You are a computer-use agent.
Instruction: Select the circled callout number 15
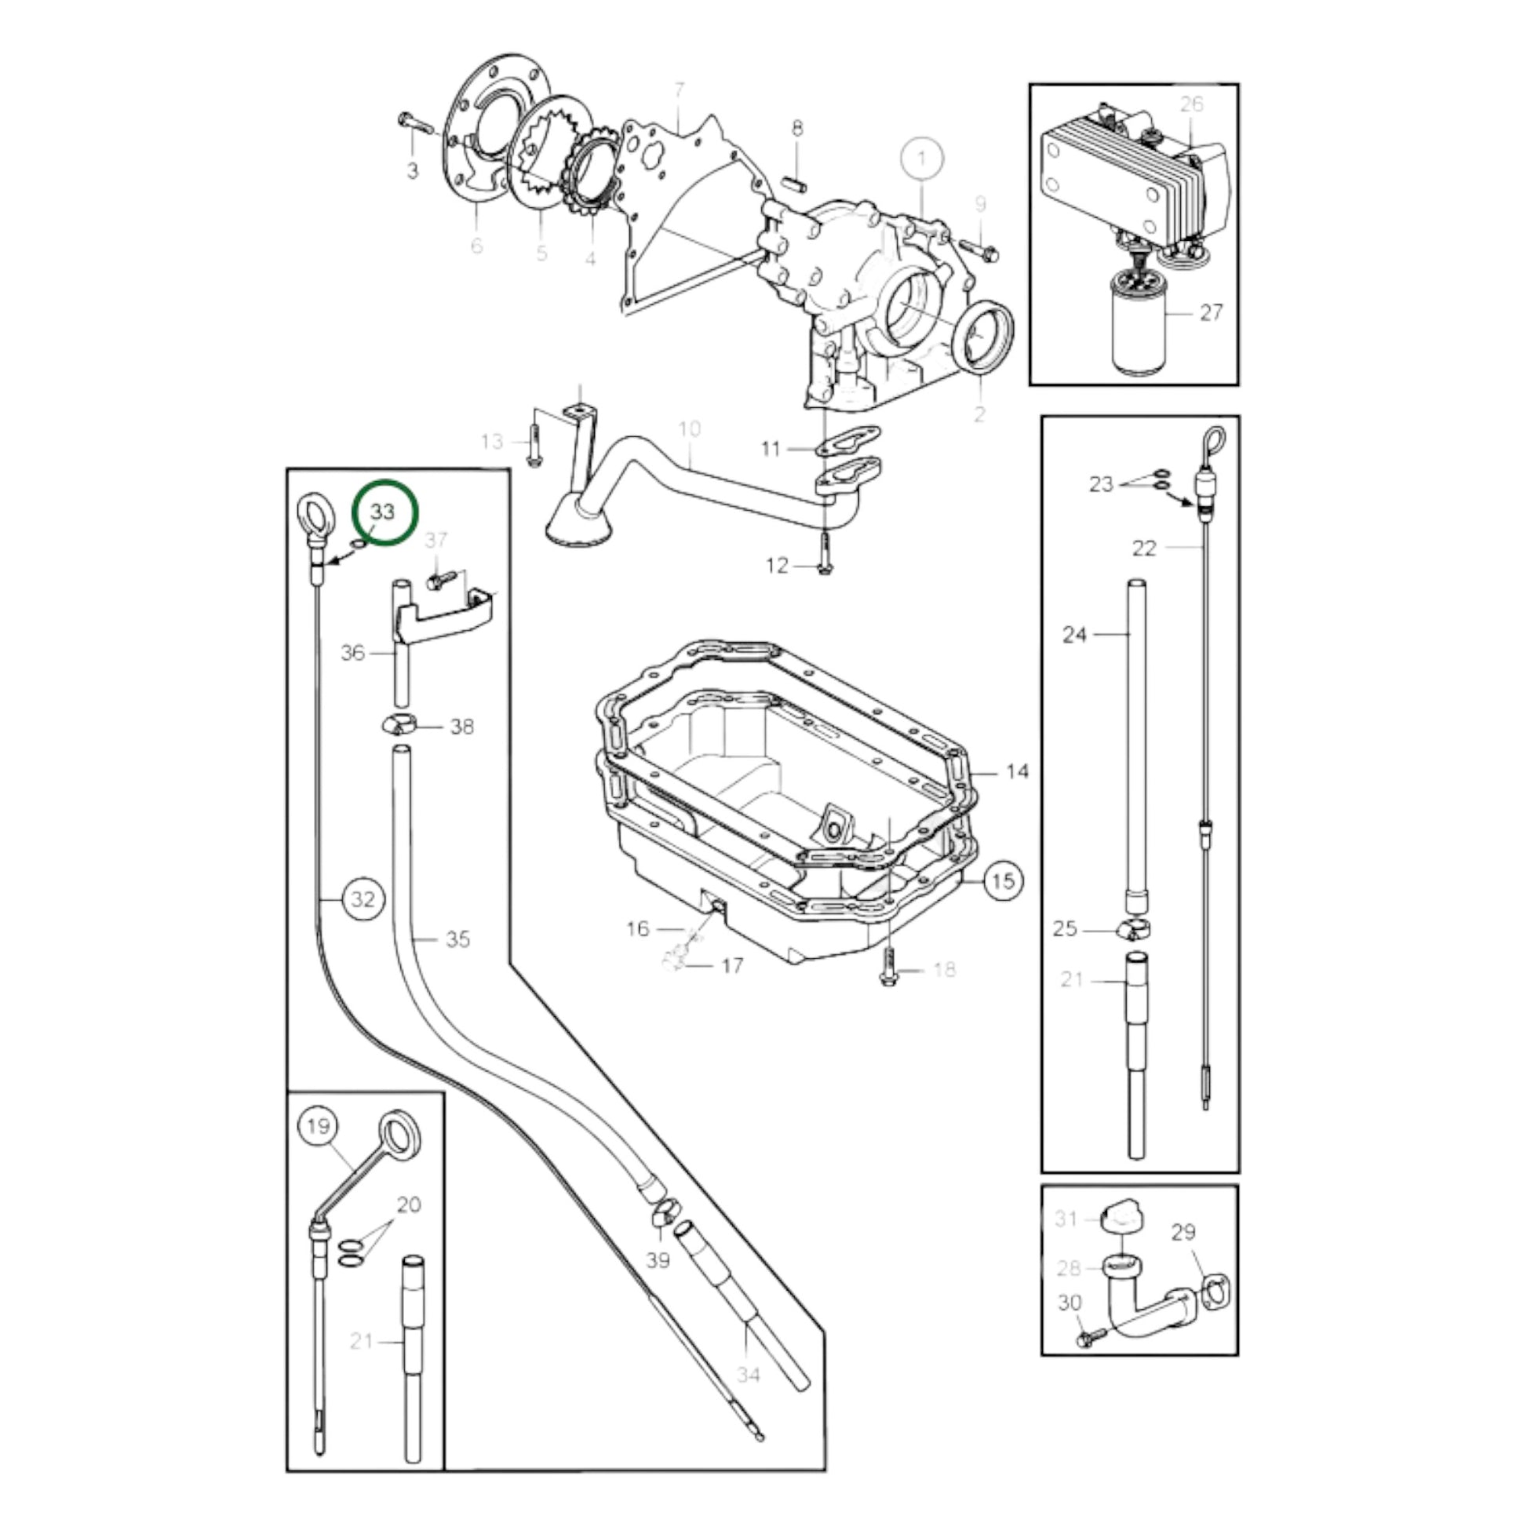[1001, 880]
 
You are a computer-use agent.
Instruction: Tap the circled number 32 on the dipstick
[363, 899]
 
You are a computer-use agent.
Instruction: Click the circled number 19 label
[318, 1125]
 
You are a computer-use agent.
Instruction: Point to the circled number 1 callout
[920, 159]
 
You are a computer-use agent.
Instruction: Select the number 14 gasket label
[1018, 771]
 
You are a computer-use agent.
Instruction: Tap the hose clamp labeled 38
[400, 725]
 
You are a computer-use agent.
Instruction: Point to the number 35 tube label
[458, 940]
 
